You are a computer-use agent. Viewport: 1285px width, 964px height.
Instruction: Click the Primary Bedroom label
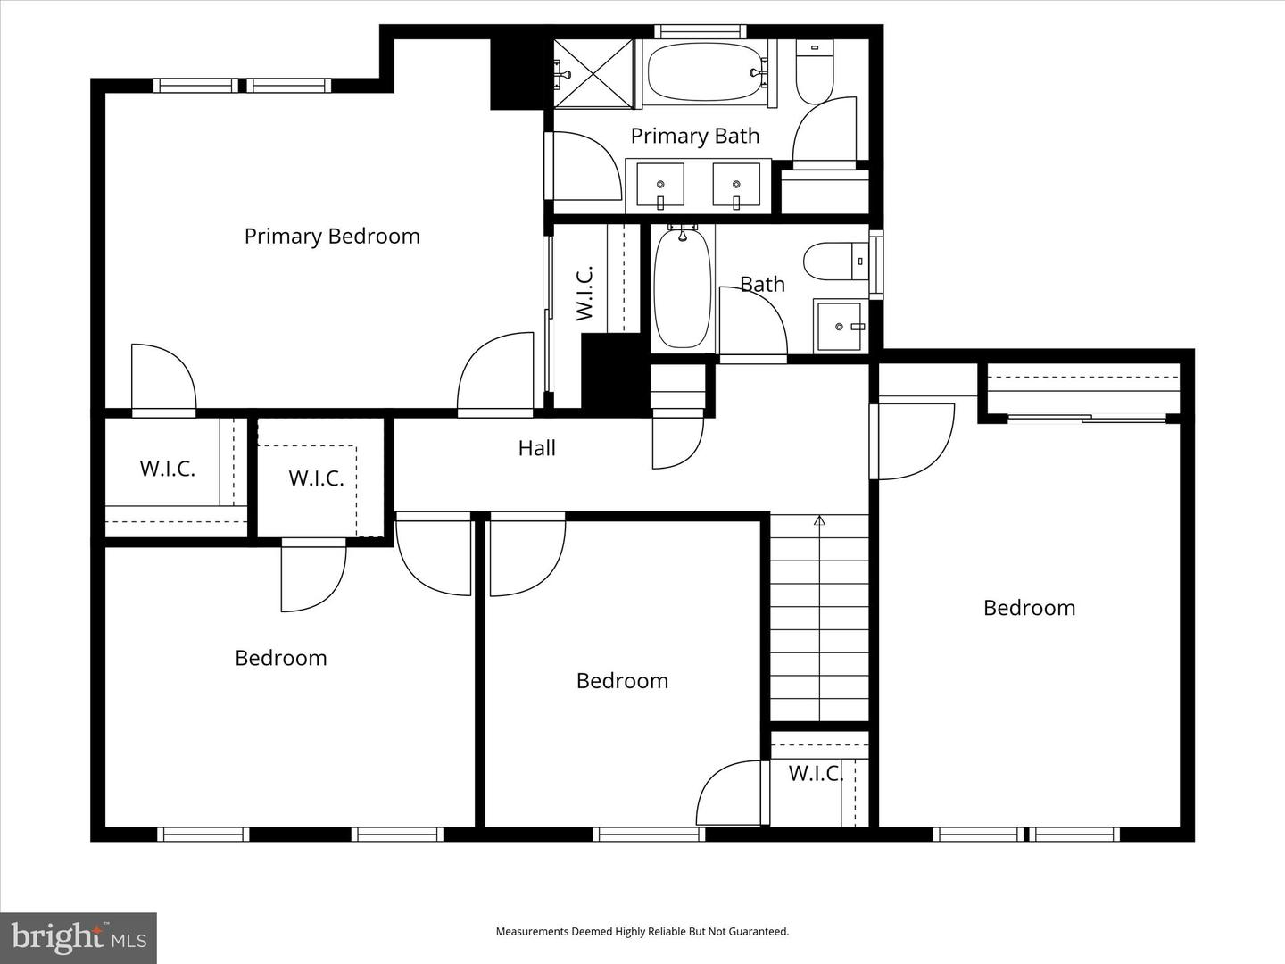click(332, 237)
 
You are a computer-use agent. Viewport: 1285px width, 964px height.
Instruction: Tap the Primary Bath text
click(694, 136)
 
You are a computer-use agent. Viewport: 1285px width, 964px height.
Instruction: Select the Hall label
click(536, 448)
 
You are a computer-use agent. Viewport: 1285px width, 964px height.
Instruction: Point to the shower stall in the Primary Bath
click(593, 72)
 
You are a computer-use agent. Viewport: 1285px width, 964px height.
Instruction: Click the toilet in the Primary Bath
click(813, 74)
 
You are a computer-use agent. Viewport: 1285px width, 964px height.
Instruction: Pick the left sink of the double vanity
click(660, 186)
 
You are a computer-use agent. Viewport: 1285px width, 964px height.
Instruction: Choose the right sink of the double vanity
click(736, 186)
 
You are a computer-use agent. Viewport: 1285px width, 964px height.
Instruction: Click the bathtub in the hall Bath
click(683, 288)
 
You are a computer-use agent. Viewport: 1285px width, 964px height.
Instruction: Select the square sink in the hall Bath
click(839, 327)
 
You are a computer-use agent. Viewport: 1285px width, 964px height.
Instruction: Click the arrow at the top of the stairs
click(819, 521)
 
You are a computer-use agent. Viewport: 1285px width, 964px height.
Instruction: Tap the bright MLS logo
click(79, 937)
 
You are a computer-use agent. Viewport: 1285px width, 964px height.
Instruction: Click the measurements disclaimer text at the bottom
click(642, 932)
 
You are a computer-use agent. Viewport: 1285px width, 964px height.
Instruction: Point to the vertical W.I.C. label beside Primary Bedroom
click(584, 292)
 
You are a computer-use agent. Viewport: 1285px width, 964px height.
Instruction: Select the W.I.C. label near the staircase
click(816, 774)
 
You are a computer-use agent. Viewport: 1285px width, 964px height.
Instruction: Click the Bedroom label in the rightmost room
click(1029, 608)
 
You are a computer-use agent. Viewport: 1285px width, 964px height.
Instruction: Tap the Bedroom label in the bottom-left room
click(280, 659)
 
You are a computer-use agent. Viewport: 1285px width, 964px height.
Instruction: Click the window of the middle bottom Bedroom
click(649, 835)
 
